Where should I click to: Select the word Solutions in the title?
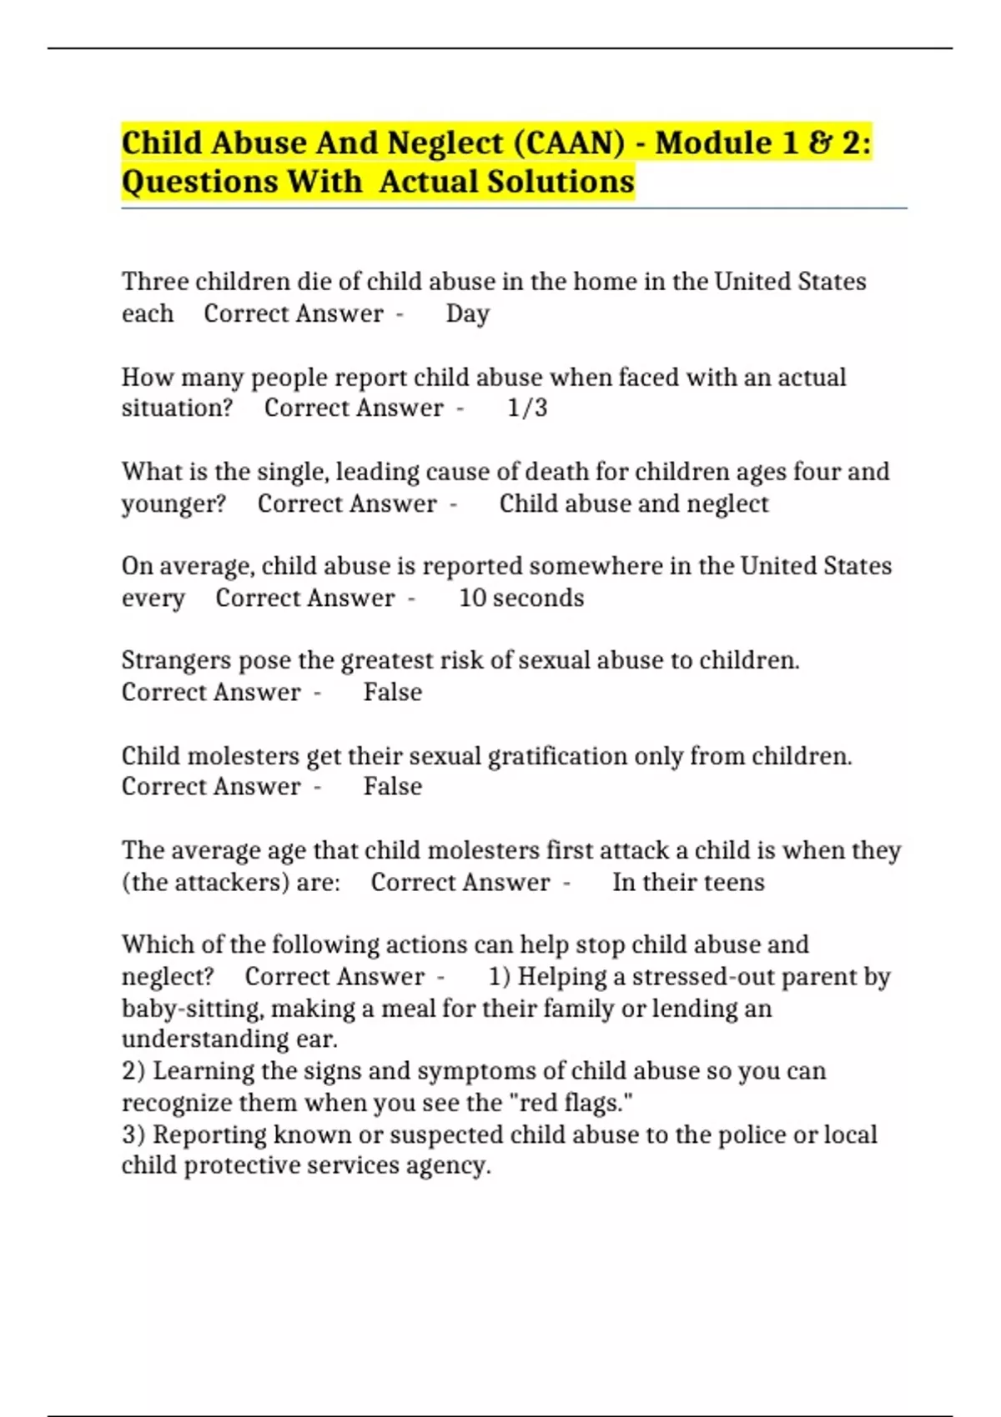(x=561, y=182)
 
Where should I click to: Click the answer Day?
(x=467, y=314)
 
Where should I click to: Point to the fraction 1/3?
(x=527, y=408)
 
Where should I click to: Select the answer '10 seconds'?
(x=521, y=598)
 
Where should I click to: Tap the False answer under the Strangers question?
(x=392, y=693)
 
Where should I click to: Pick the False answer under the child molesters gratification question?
(x=392, y=787)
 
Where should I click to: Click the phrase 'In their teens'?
(x=688, y=883)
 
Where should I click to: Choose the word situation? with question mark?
(x=177, y=408)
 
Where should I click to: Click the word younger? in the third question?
(x=174, y=504)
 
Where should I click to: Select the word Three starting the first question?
(x=155, y=282)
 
